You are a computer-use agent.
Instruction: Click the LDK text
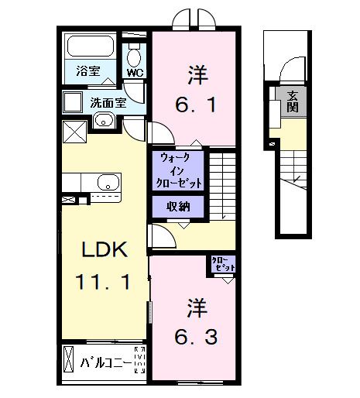(x=103, y=250)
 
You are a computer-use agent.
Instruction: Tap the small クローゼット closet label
(x=222, y=265)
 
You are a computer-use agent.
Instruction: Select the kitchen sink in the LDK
(x=106, y=183)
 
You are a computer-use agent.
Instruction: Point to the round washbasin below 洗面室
(x=104, y=121)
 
